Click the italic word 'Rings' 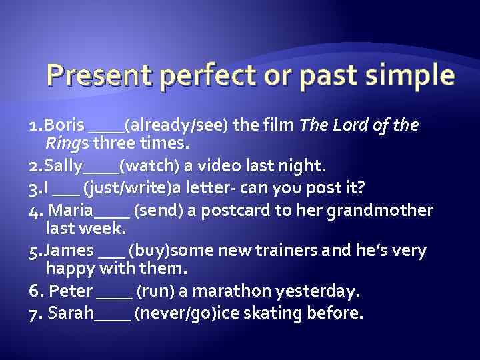pyautogui.click(x=67, y=143)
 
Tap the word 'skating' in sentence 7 pyautogui.click(x=298, y=313)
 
